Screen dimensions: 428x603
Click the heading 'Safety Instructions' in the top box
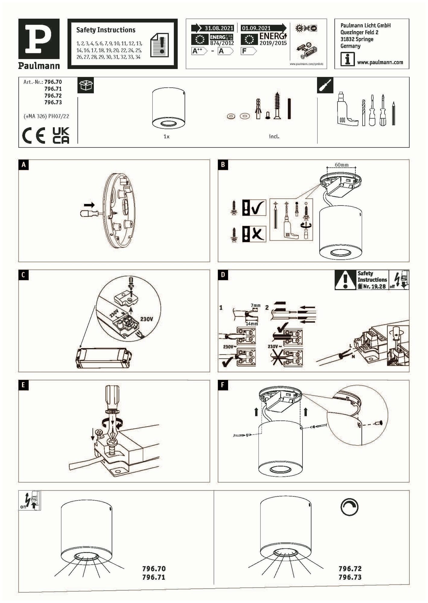pos(106,30)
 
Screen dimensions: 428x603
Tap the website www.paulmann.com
pos(380,62)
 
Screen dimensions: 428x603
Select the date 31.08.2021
pos(219,28)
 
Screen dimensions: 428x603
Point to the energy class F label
pos(248,51)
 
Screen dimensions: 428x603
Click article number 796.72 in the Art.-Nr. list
pos(53,96)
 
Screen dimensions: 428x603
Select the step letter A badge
pos(24,165)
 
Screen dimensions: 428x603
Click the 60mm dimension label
pos(341,165)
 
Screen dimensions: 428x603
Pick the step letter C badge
pos(24,275)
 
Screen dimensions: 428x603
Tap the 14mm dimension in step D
pos(252,324)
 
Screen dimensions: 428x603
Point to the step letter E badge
pos(24,385)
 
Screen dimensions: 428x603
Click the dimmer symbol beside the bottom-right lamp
pos(349,507)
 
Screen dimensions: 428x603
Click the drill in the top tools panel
pos(345,109)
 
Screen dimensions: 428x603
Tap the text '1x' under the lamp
pos(166,137)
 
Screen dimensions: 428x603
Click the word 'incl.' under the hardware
pos(274,137)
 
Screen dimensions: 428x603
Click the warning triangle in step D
pos(345,280)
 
